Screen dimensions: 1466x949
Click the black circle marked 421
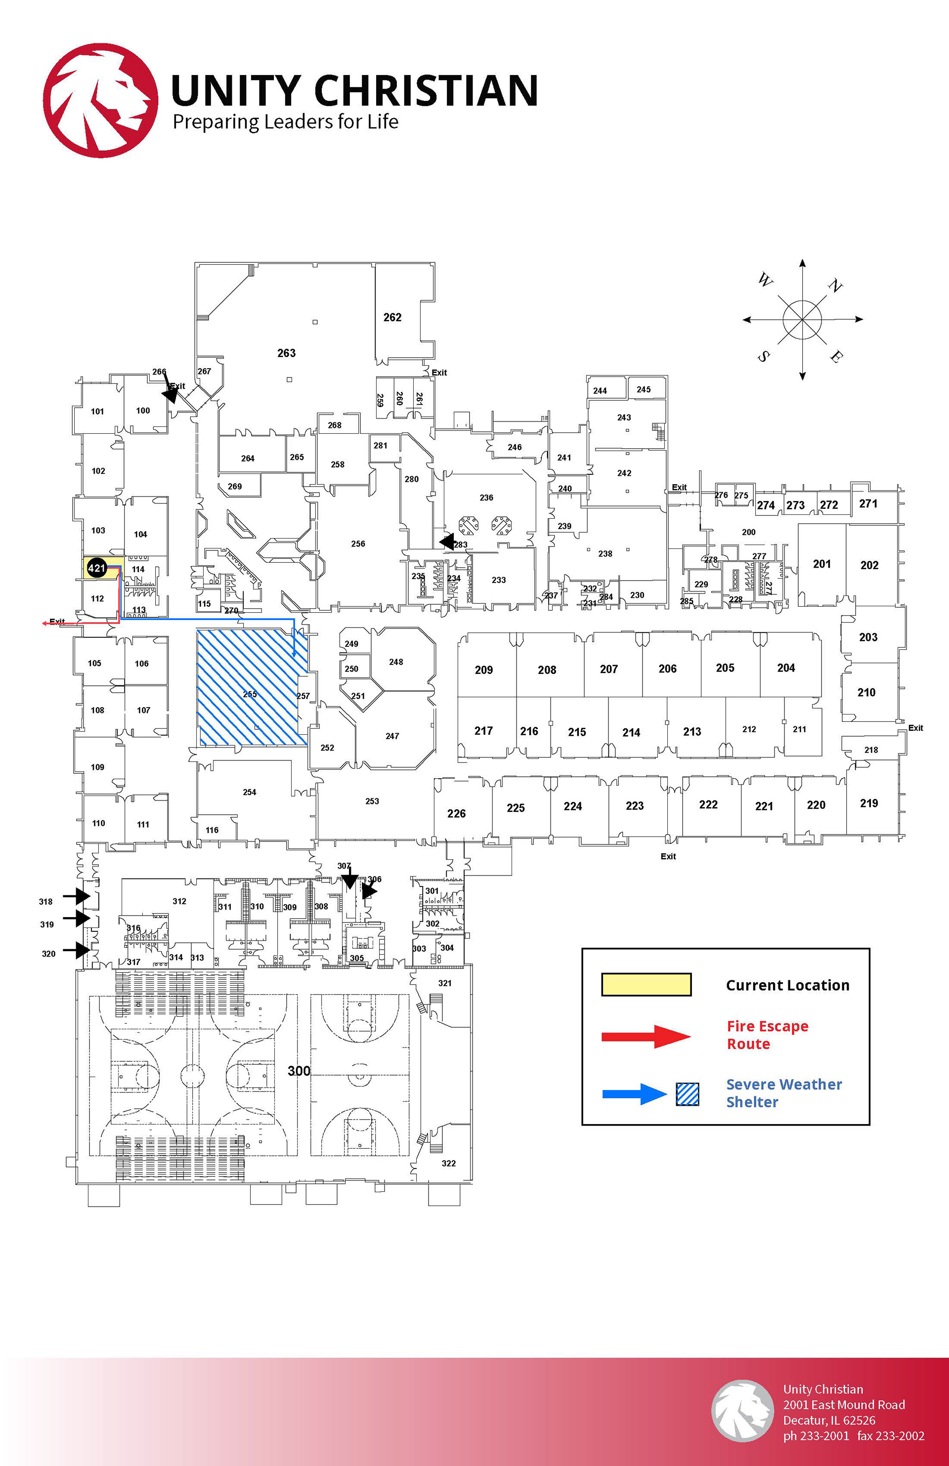[x=97, y=568]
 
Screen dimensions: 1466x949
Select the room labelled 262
[x=392, y=317]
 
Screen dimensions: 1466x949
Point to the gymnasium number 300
[x=299, y=1071]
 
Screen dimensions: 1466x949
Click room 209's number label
[x=484, y=670]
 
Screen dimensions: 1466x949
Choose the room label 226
[x=456, y=814]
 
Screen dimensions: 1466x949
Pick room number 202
[x=869, y=565]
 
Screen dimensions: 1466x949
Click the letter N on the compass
[x=835, y=286]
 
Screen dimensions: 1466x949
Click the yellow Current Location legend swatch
[x=646, y=984]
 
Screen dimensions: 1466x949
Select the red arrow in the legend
[x=646, y=1037]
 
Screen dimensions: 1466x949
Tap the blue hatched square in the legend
[x=687, y=1094]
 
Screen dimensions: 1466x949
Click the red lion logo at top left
[x=100, y=100]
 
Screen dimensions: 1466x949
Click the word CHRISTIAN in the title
[x=426, y=90]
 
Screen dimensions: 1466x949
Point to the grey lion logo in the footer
[x=742, y=1411]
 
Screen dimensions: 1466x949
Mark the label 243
[x=624, y=418]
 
